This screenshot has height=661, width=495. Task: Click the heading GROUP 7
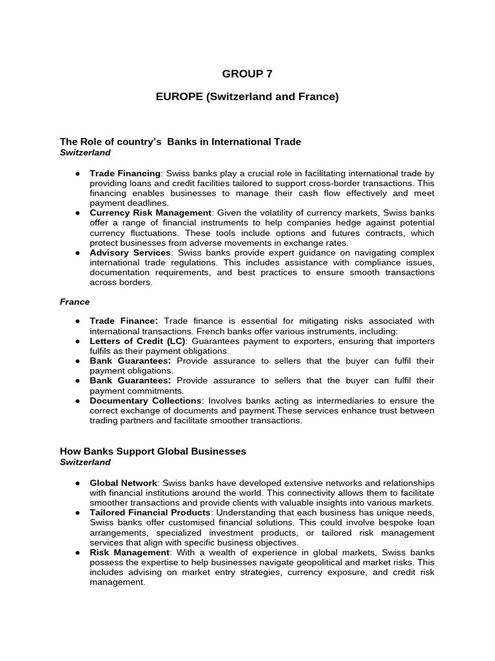pyautogui.click(x=242, y=74)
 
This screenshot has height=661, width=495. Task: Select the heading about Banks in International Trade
pyautogui.click(x=180, y=141)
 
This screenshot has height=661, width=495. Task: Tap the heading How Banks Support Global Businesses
pyautogui.click(x=153, y=451)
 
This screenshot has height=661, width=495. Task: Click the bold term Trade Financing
pyautogui.click(x=124, y=174)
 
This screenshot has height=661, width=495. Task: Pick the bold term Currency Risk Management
pyautogui.click(x=150, y=212)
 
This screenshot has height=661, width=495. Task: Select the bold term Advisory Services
pyautogui.click(x=130, y=252)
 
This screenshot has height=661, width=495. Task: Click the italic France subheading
pyautogui.click(x=75, y=301)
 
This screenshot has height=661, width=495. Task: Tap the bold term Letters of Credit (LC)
pyautogui.click(x=137, y=341)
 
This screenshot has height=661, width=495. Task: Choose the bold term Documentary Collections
pyautogui.click(x=146, y=401)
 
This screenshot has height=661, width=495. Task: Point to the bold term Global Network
pyautogui.click(x=123, y=483)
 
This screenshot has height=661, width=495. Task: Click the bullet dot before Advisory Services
pyautogui.click(x=77, y=252)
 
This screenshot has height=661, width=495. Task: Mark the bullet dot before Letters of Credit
pyautogui.click(x=77, y=341)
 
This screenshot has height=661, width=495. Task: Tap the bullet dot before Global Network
pyautogui.click(x=77, y=483)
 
